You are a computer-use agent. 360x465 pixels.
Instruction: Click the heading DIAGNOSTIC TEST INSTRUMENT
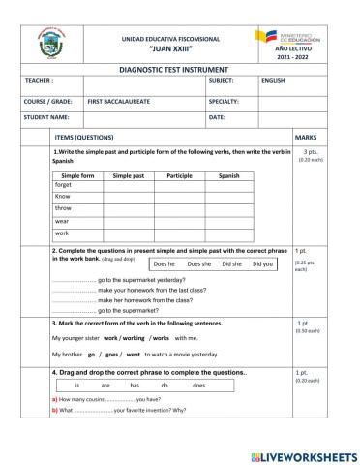tap(180, 70)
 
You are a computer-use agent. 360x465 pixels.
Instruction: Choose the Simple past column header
tap(128, 174)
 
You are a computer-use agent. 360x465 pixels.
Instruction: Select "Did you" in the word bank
tap(261, 263)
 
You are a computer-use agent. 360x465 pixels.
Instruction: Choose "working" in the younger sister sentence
tap(132, 338)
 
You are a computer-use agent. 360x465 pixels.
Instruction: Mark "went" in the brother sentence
tap(133, 356)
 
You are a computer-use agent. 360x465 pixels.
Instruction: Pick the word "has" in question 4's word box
tap(135, 385)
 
